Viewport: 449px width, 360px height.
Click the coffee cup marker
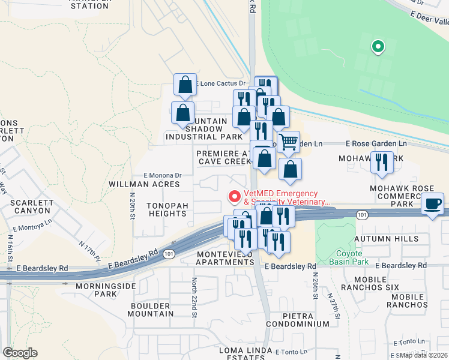[x=433, y=203]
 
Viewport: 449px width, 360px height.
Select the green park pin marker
[x=378, y=46]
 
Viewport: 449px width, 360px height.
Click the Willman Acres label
[x=145, y=184]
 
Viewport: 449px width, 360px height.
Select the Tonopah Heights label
[x=167, y=209]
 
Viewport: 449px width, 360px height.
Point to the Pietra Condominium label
[x=299, y=319]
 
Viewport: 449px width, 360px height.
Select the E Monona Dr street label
[x=162, y=175]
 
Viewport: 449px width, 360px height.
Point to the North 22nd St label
[x=194, y=297]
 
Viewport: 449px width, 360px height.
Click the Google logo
[x=20, y=353]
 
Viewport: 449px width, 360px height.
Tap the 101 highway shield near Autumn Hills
[x=362, y=214]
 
